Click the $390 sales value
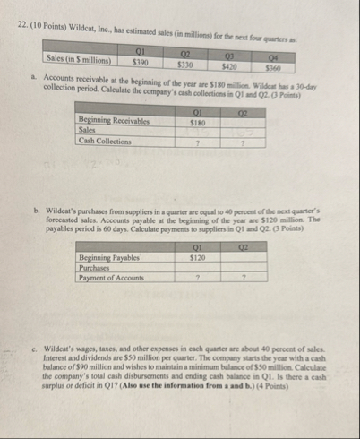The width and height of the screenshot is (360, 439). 141,64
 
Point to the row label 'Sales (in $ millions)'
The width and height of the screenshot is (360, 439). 80,62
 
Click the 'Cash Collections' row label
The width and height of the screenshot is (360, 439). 103,141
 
